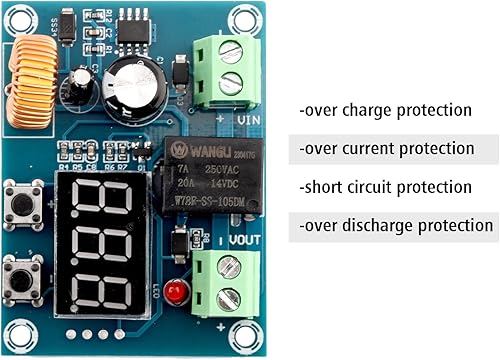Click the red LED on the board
(x=175, y=293)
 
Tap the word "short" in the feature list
(x=325, y=187)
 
